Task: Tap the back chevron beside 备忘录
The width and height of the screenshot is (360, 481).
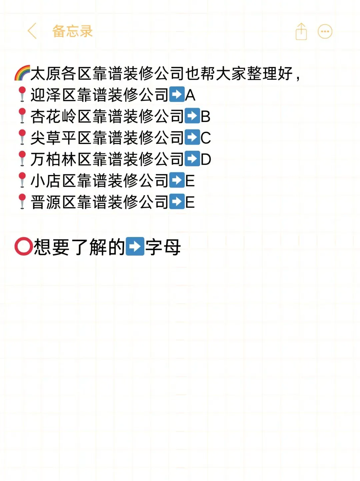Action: pyautogui.click(x=32, y=31)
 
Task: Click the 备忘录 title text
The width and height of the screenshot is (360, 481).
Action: pyautogui.click(x=72, y=31)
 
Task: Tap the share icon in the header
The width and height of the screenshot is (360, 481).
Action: pyautogui.click(x=301, y=32)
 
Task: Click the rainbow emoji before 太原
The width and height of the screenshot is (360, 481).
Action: pyautogui.click(x=22, y=73)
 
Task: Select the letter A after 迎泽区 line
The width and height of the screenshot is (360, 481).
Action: pyautogui.click(x=190, y=95)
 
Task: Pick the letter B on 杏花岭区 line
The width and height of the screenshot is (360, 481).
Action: pyautogui.click(x=205, y=117)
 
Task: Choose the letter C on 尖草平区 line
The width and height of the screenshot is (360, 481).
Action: pyautogui.click(x=206, y=138)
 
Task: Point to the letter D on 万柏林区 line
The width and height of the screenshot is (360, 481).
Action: pyautogui.click(x=206, y=159)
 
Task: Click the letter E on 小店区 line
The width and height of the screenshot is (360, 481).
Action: pyautogui.click(x=190, y=181)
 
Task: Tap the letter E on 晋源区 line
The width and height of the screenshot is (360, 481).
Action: pyautogui.click(x=190, y=202)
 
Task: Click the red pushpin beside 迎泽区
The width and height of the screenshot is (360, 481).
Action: pyautogui.click(x=22, y=94)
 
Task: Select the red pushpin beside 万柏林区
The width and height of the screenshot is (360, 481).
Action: pyautogui.click(x=22, y=159)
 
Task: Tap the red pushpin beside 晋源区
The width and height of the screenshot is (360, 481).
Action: pyautogui.click(x=22, y=202)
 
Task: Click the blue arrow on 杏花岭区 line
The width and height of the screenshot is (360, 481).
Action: pyautogui.click(x=192, y=116)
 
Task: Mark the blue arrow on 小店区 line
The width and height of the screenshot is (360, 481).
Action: pyautogui.click(x=177, y=180)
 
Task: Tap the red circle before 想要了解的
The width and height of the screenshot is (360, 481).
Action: pyautogui.click(x=23, y=247)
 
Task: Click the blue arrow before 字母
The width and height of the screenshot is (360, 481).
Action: pyautogui.click(x=135, y=247)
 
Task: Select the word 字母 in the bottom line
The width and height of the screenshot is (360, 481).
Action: pyautogui.click(x=163, y=247)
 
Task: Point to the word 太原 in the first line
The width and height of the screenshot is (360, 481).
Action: pyautogui.click(x=46, y=74)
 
